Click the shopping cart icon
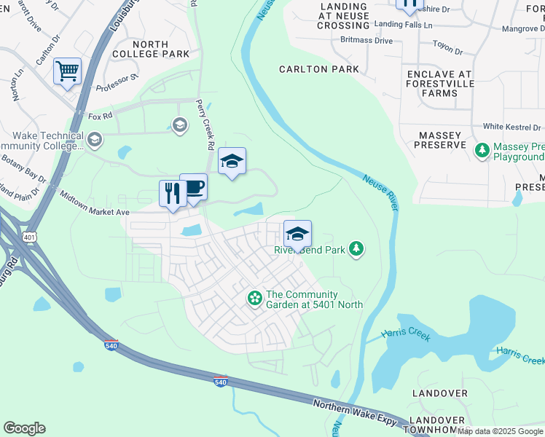(67, 71)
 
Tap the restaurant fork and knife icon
(173, 194)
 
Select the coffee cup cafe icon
(193, 187)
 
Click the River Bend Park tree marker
(356, 250)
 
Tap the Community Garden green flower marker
(254, 297)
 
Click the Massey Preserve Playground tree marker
(482, 150)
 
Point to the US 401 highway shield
(28, 237)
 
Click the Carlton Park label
(319, 69)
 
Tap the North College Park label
(151, 49)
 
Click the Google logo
(24, 428)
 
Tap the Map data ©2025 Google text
(501, 431)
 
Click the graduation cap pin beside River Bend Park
(297, 234)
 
